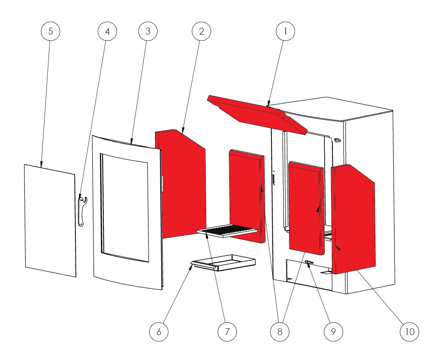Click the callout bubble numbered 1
pos(285,31)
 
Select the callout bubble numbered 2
pos(202,31)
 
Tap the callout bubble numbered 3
pos(148,31)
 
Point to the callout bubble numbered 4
pos(107,31)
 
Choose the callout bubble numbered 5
pos(51,31)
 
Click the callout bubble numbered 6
pos(159,332)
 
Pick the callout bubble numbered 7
pos(227,332)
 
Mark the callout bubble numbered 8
pos(280,332)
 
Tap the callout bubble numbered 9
pos(333,332)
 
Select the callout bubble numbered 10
pos(409,332)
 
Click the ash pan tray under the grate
pos(223,262)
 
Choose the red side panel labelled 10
pos(353,219)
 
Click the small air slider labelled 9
pos(309,262)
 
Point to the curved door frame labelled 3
pos(127,213)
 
